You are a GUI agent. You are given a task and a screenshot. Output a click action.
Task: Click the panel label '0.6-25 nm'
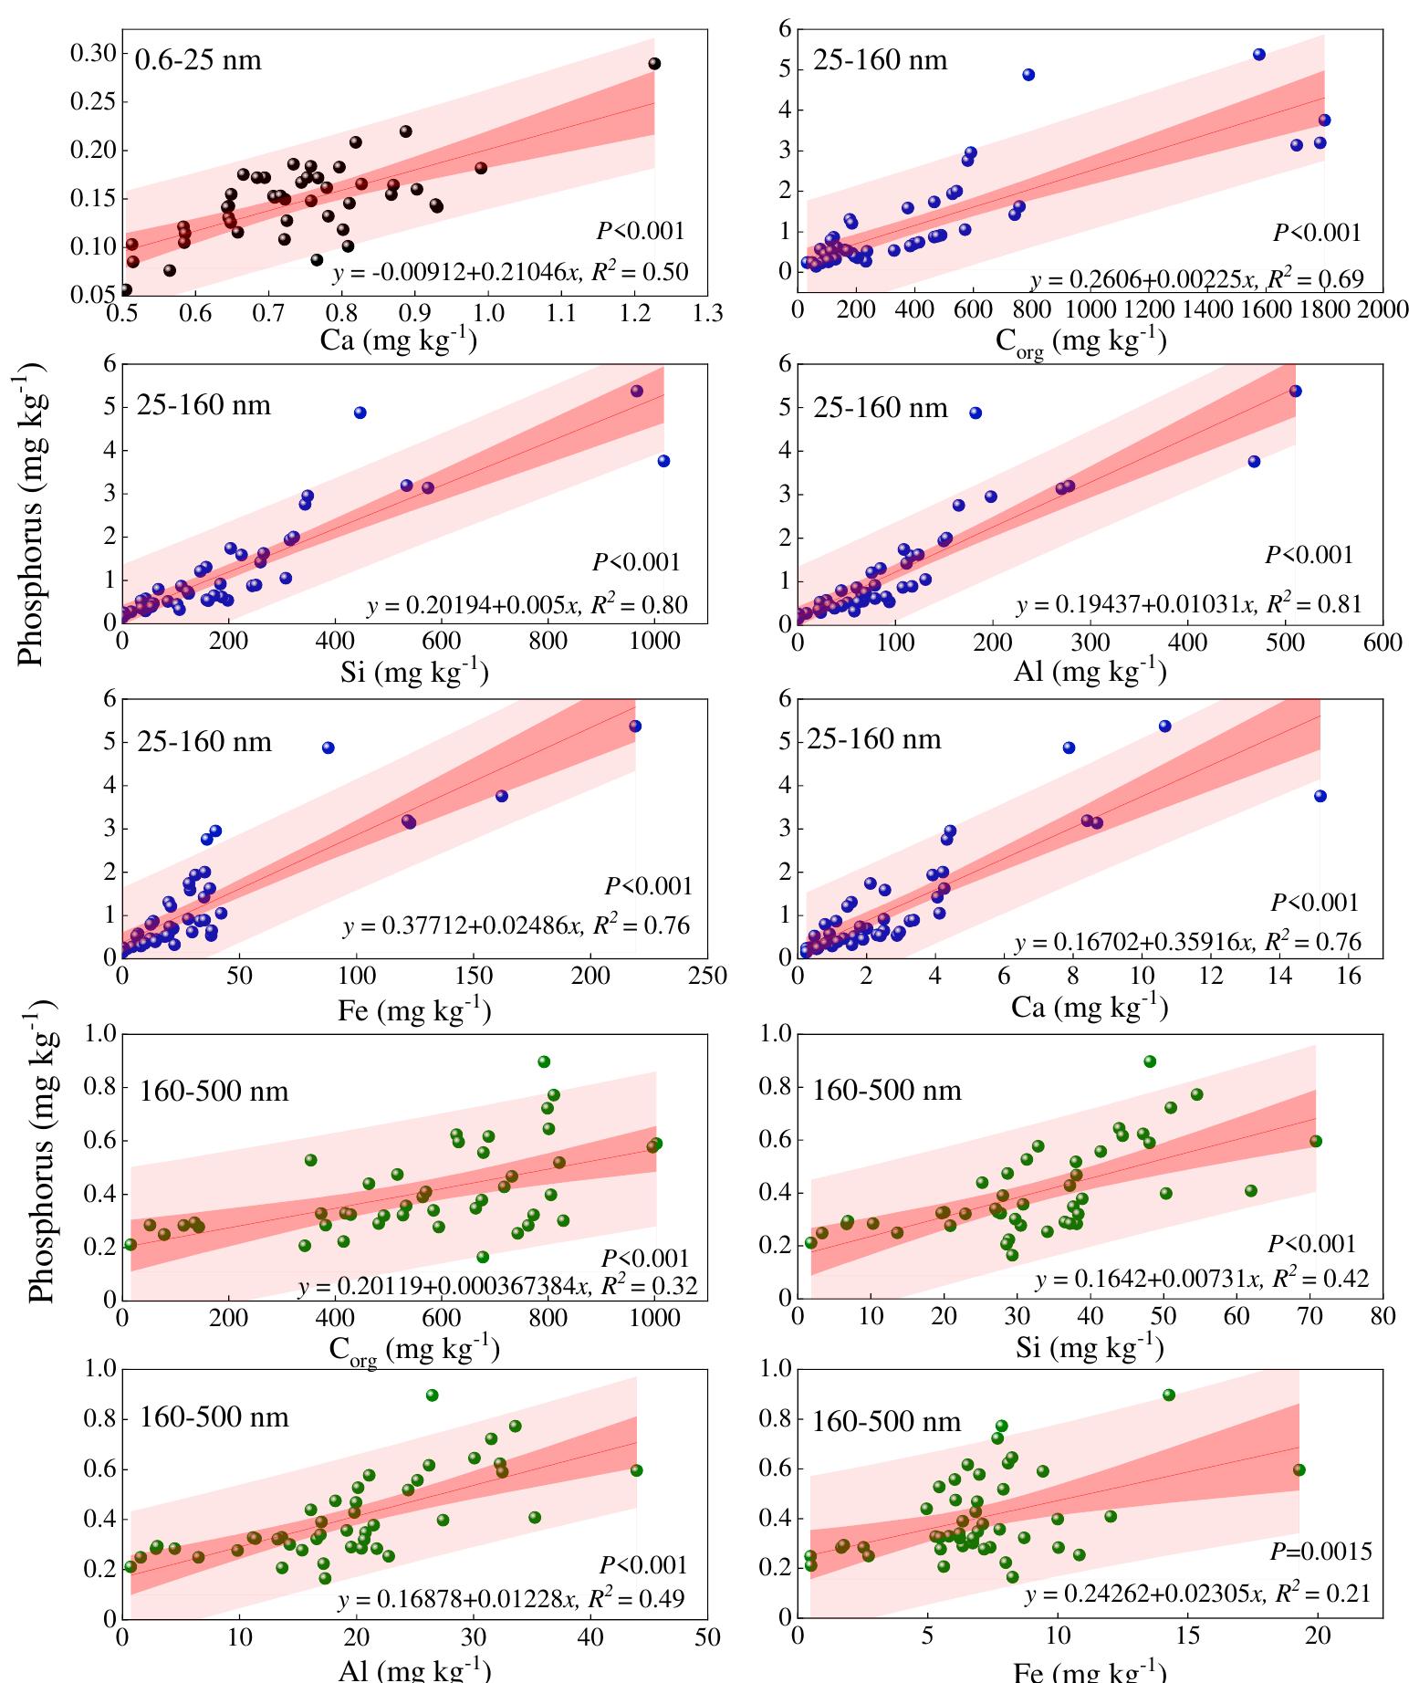click(x=198, y=60)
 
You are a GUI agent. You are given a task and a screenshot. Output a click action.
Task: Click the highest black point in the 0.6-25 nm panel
click(x=654, y=63)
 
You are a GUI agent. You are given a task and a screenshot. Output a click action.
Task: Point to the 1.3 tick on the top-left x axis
click(x=707, y=314)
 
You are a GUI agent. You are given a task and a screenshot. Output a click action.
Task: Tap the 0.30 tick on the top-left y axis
click(x=94, y=53)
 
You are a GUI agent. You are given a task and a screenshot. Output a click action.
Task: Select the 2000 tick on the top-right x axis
click(x=1382, y=309)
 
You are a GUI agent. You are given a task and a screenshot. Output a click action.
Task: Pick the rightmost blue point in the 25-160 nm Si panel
click(x=663, y=461)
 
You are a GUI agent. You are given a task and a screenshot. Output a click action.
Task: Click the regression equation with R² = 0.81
click(x=1188, y=604)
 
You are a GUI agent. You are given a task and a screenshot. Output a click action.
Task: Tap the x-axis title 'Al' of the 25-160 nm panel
click(x=1090, y=673)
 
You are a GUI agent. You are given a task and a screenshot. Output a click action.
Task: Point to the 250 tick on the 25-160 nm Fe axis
click(x=707, y=977)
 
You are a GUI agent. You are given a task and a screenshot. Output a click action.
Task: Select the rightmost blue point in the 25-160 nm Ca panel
click(x=1320, y=796)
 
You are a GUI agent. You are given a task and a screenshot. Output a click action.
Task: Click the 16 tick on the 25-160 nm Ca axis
click(x=1348, y=977)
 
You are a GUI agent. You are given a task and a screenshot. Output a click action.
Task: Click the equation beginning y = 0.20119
click(x=497, y=1287)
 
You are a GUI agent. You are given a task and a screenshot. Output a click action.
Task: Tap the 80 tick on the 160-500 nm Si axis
click(x=1382, y=1317)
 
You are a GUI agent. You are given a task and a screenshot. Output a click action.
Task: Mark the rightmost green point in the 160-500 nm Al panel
click(x=636, y=1470)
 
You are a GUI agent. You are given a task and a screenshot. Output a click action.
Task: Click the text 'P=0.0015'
click(x=1320, y=1552)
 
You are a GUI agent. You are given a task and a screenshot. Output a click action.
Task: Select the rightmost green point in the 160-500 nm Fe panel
click(x=1299, y=1469)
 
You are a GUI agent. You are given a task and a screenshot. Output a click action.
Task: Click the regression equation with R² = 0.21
click(x=1197, y=1594)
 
